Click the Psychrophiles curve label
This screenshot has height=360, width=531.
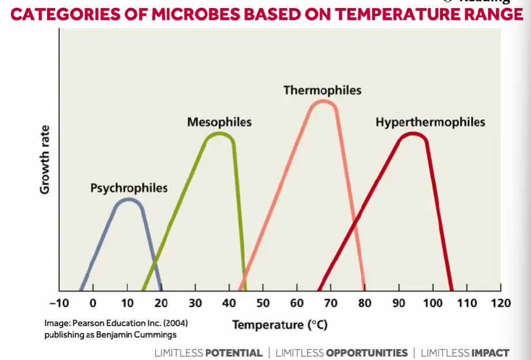(129, 188)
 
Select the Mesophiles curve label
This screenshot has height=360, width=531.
(219, 122)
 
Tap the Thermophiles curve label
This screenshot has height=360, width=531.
(323, 90)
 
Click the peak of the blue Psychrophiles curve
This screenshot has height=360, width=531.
(129, 199)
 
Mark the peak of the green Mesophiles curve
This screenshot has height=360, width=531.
(219, 134)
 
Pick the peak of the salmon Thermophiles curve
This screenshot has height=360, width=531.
(324, 101)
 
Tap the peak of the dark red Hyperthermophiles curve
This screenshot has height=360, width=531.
(413, 134)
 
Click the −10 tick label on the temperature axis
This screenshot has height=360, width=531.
(59, 304)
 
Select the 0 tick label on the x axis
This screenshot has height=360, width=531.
(93, 304)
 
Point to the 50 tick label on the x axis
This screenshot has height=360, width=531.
(263, 304)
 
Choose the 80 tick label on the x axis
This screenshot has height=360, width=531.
(365, 304)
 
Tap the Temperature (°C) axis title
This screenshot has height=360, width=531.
(280, 325)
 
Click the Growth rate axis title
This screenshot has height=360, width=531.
(45, 159)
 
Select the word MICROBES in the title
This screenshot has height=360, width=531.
(195, 14)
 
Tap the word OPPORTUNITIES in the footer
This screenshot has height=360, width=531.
(367, 353)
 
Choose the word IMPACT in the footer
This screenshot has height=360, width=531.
(490, 353)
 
